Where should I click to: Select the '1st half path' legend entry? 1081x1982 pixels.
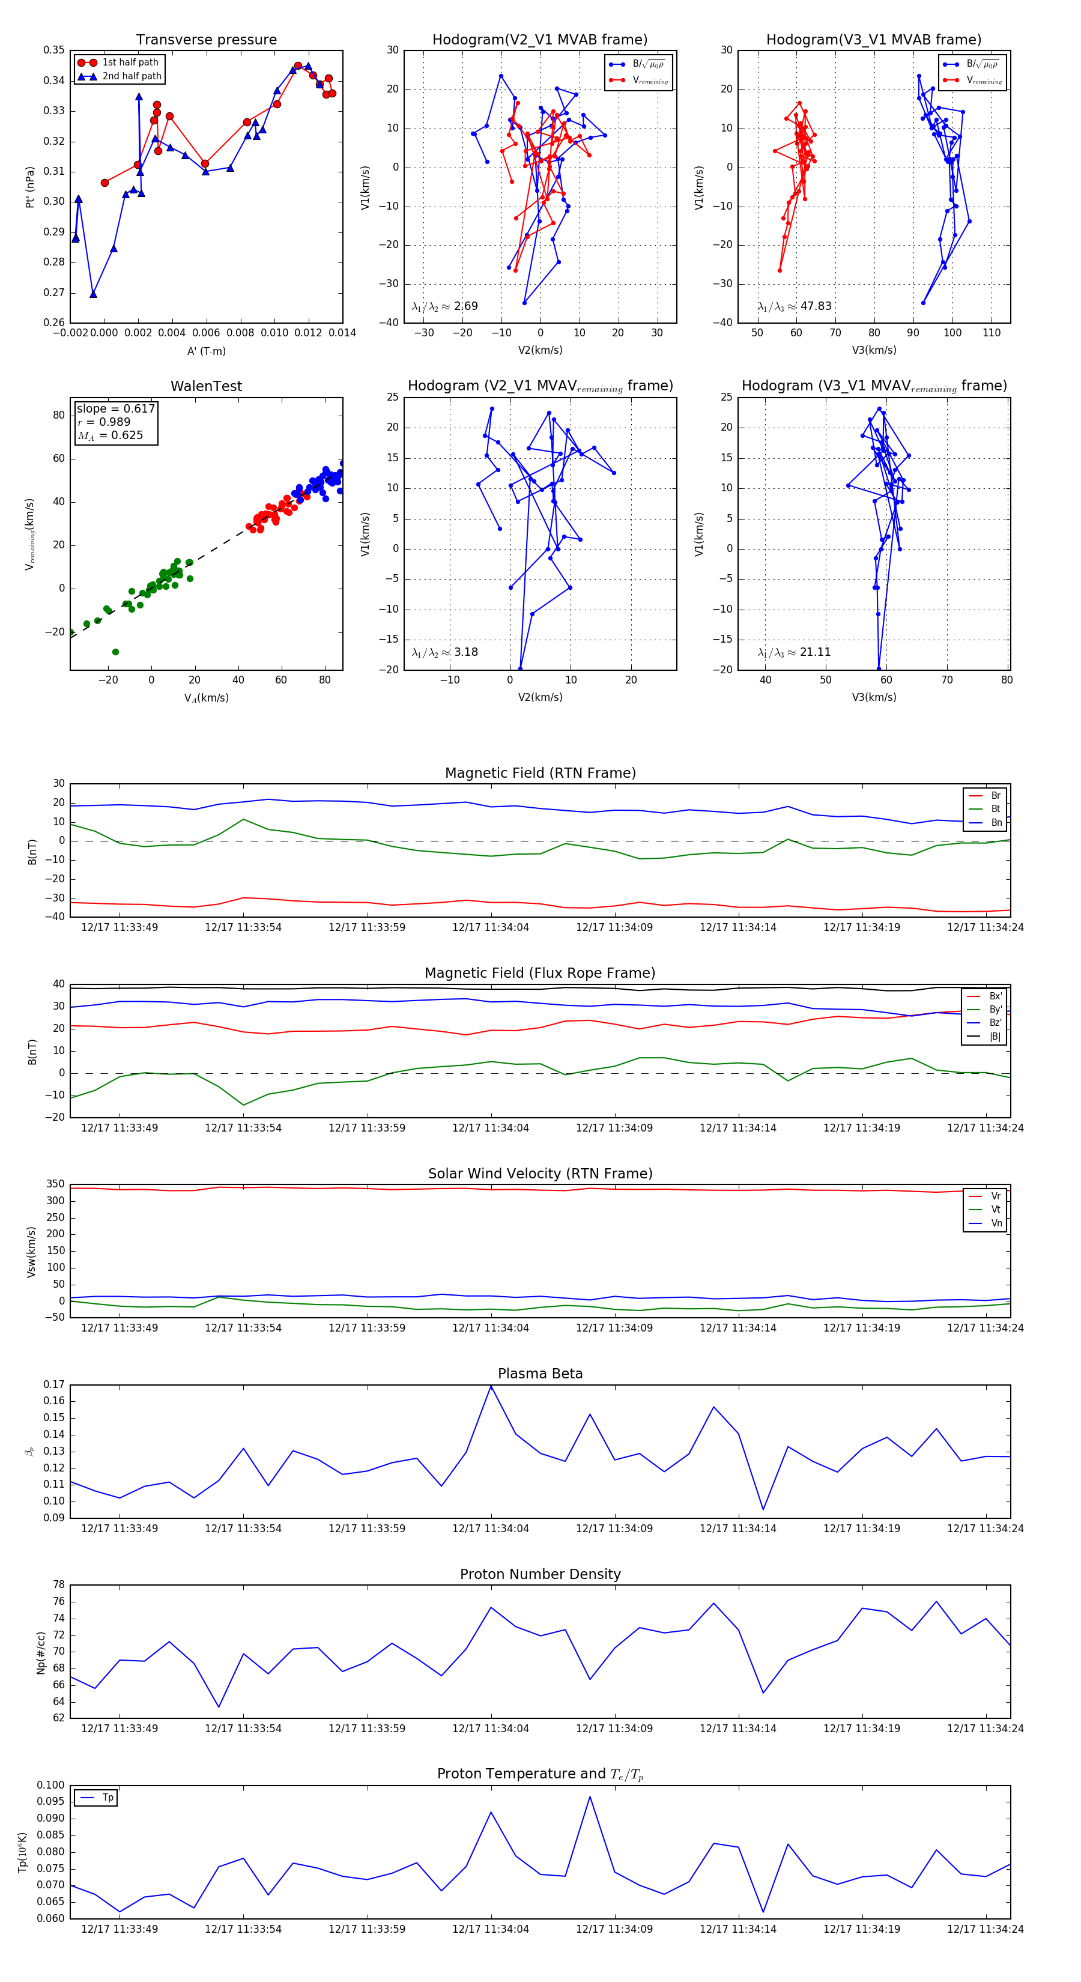pyautogui.click(x=130, y=62)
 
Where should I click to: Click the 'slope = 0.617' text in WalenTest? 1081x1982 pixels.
pyautogui.click(x=115, y=408)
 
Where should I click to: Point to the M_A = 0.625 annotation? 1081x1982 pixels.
pyautogui.click(x=110, y=435)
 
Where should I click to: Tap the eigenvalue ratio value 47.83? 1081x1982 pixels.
pyautogui.click(x=816, y=306)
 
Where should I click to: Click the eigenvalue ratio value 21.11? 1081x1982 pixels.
pyautogui.click(x=815, y=652)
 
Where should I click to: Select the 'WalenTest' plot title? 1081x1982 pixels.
pyautogui.click(x=206, y=386)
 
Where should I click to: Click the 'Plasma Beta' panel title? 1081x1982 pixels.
pyautogui.click(x=540, y=1374)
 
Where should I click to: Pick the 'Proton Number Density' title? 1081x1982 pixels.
pyautogui.click(x=540, y=1574)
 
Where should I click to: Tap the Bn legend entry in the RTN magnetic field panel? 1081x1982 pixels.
pyautogui.click(x=996, y=822)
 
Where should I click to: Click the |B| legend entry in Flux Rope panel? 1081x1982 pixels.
pyautogui.click(x=995, y=1037)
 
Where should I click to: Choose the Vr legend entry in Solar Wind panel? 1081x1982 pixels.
pyautogui.click(x=996, y=1196)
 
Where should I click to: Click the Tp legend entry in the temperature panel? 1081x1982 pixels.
pyautogui.click(x=107, y=1798)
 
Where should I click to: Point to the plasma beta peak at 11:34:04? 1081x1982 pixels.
pyautogui.click(x=491, y=1386)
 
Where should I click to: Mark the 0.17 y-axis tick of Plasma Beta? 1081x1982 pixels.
pyautogui.click(x=54, y=1384)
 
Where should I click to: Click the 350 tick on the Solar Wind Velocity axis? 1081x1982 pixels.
pyautogui.click(x=55, y=1184)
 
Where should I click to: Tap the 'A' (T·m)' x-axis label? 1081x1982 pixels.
pyautogui.click(x=206, y=351)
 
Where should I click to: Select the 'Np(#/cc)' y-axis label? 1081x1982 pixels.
pyautogui.click(x=41, y=1653)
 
